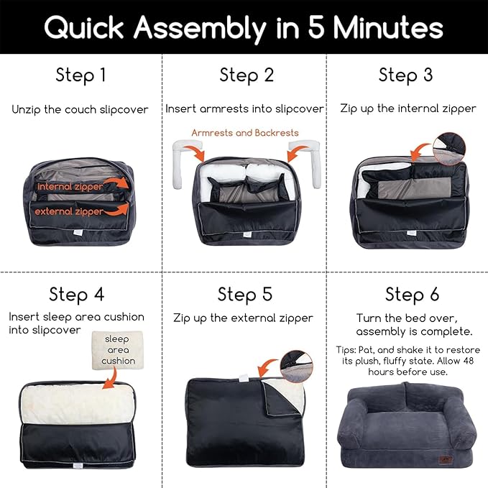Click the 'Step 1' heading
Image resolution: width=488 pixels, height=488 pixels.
click(x=81, y=75)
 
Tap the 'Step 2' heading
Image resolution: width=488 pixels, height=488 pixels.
click(x=247, y=75)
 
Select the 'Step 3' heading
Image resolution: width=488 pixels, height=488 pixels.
click(x=405, y=75)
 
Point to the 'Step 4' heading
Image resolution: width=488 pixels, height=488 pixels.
click(x=77, y=295)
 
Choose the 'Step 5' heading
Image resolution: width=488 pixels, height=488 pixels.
click(x=245, y=295)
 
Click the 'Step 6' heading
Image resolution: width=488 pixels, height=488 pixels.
click(x=412, y=295)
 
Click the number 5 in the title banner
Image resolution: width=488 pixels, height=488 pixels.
click(x=316, y=27)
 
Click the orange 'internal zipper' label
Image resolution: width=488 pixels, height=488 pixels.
click(x=70, y=186)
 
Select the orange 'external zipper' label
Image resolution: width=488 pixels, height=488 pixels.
click(x=69, y=211)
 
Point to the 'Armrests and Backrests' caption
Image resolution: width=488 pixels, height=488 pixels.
click(x=245, y=133)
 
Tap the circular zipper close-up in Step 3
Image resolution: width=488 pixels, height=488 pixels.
click(x=449, y=149)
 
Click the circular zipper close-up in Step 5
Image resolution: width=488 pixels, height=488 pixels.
click(x=297, y=367)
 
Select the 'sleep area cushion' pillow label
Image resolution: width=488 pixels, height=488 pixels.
click(x=118, y=350)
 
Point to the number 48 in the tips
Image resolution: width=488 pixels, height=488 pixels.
click(x=467, y=361)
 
